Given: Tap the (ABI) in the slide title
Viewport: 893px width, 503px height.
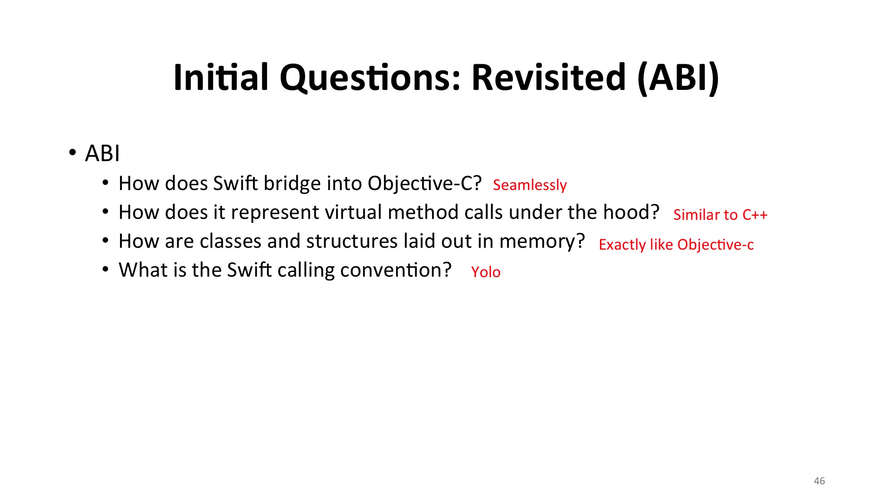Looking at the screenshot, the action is [x=679, y=78].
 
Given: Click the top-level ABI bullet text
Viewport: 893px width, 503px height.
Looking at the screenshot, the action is [x=102, y=153].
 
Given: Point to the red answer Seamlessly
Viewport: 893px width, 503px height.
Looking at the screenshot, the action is [x=530, y=185].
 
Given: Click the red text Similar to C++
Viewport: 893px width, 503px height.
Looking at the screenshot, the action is [x=720, y=215].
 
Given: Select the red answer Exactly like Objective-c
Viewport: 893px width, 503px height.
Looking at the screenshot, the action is [x=676, y=245].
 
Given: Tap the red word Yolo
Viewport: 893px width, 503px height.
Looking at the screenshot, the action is [x=486, y=272].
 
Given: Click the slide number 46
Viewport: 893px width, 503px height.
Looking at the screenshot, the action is [x=820, y=481].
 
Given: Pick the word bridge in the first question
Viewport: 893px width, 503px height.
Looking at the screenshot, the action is [x=292, y=184].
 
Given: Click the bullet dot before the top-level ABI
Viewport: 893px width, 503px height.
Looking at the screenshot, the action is [x=72, y=152].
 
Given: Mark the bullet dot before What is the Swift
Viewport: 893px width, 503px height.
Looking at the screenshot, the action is [x=106, y=269].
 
